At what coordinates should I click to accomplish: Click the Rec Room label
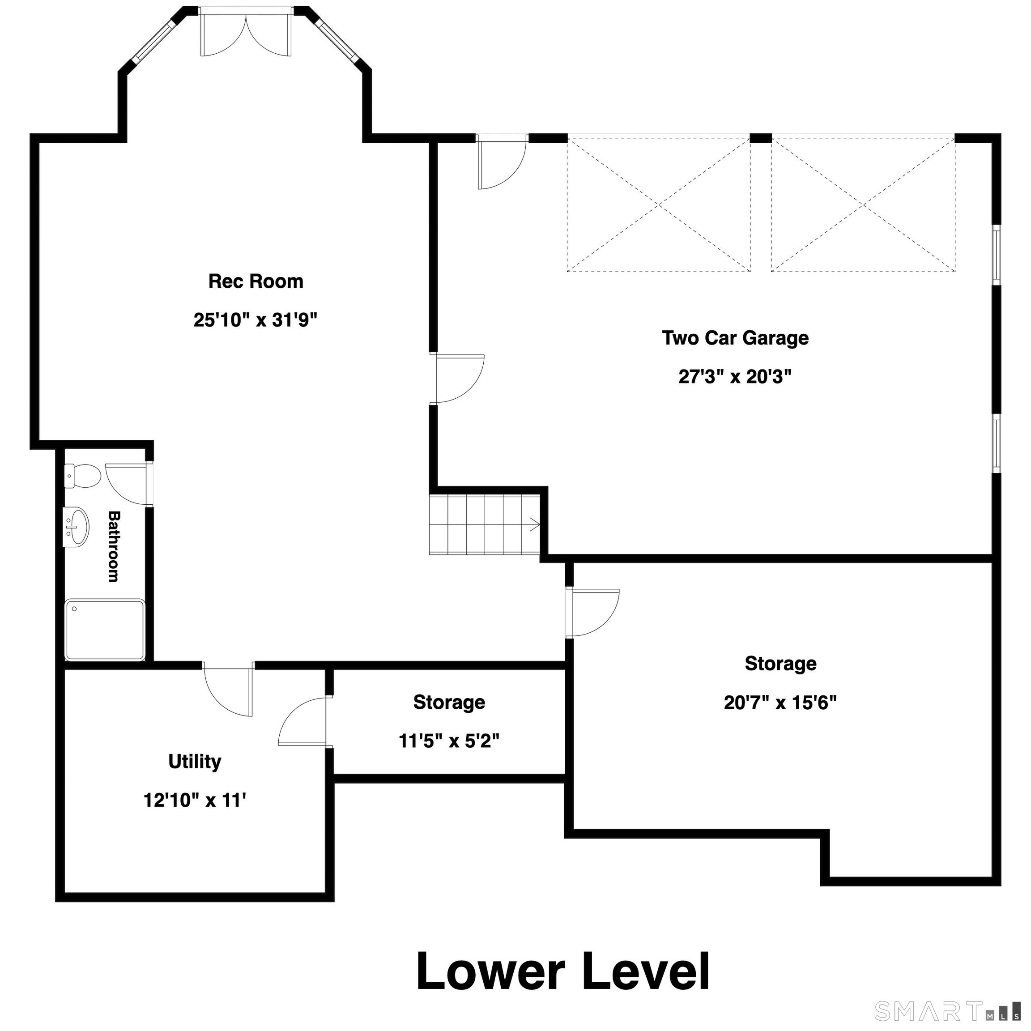(256, 281)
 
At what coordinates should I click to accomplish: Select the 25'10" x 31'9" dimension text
(256, 320)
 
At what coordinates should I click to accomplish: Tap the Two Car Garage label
(735, 338)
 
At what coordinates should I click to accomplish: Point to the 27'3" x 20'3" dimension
(735, 377)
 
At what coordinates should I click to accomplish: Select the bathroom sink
(76, 527)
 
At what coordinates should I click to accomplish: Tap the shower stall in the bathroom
(105, 630)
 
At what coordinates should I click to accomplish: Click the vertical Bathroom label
(114, 546)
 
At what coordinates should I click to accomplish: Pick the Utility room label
(195, 762)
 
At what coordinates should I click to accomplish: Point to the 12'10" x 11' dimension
(195, 801)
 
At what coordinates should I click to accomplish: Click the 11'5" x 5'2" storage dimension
(449, 741)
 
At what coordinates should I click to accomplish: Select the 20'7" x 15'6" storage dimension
(780, 703)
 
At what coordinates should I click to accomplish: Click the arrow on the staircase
(534, 525)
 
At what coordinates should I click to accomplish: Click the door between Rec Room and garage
(460, 379)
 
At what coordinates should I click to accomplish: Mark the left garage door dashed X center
(659, 205)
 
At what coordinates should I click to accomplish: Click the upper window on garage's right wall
(996, 255)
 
